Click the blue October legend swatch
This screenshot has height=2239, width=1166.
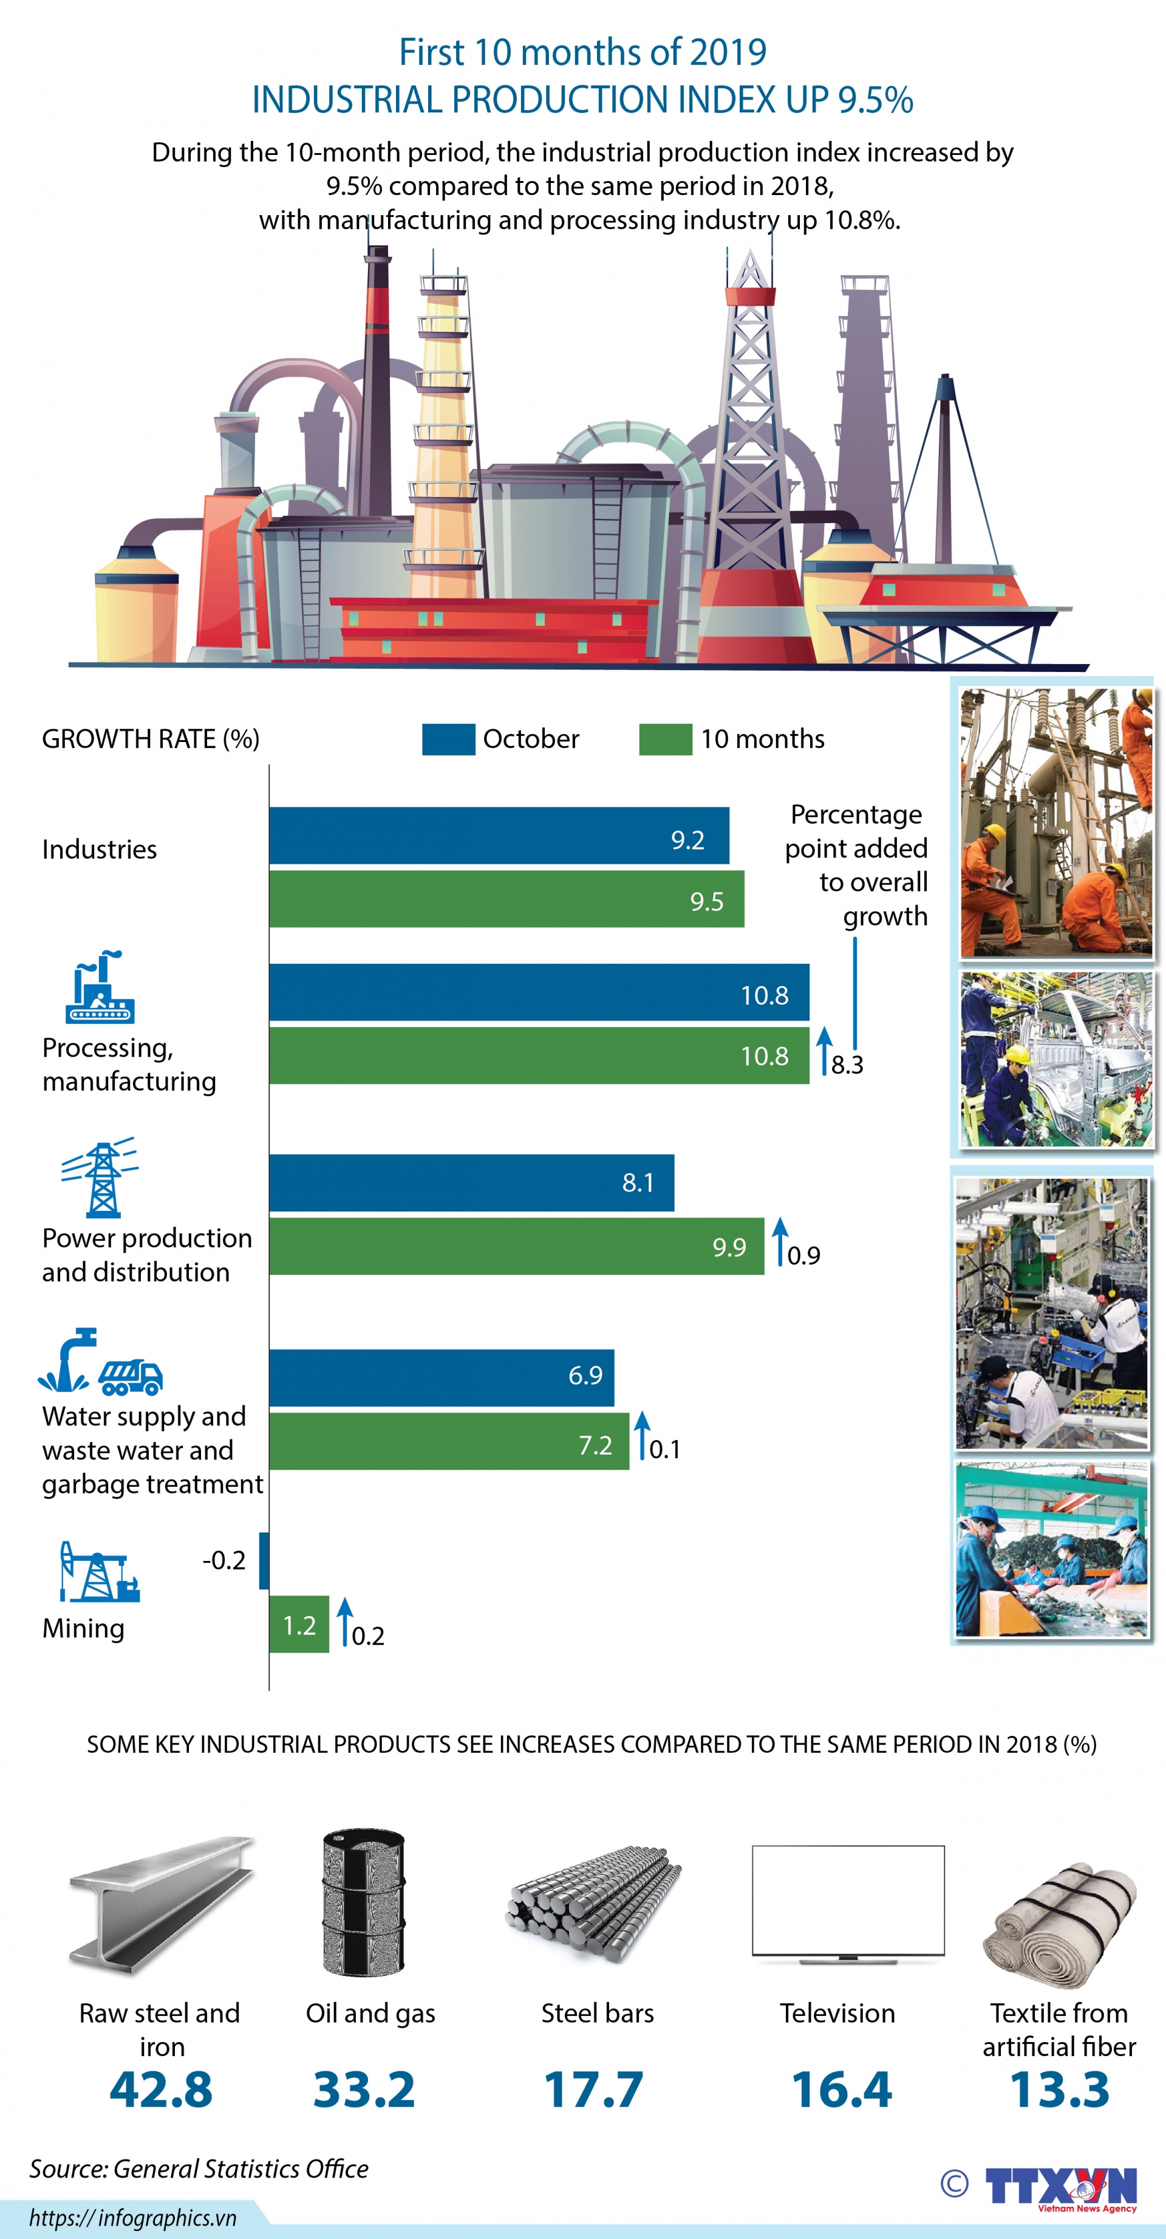448,739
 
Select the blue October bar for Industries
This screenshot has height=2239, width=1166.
499,835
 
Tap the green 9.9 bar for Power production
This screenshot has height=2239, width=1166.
516,1246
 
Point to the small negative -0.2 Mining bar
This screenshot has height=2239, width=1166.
264,1561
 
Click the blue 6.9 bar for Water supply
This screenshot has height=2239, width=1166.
442,1377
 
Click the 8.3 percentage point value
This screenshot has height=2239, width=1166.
847,1065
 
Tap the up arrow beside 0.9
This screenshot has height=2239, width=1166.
780,1240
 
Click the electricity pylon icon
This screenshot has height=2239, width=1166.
101,1177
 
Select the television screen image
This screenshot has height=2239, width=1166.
847,1904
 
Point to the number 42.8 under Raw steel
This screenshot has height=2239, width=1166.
161,2090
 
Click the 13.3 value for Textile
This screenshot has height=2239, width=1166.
1059,2090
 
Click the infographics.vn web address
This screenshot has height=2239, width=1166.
133,2217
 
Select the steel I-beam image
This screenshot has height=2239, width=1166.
161,1904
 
